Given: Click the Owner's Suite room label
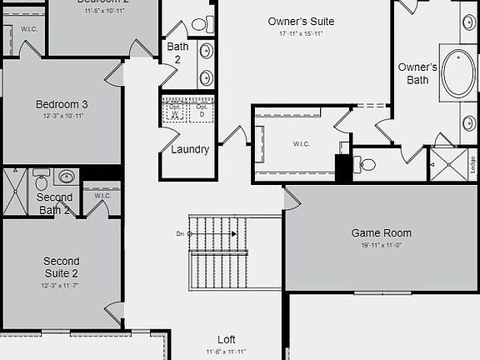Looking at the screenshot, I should [300, 21].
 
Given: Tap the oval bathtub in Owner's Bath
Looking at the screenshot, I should [457, 73].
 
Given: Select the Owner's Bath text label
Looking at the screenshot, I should [417, 73].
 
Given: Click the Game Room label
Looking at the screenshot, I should [381, 233].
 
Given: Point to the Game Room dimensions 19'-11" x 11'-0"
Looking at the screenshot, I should [381, 245].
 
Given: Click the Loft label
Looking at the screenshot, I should [227, 340].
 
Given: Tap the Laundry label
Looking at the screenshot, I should [189, 150].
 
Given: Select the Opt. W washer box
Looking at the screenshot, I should [175, 111].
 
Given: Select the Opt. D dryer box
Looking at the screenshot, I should [201, 111].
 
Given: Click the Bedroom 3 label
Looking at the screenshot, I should [62, 104].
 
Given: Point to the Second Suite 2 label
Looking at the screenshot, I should [62, 267].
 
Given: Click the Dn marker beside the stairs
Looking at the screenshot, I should [181, 234].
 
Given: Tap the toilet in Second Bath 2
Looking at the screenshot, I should [42, 181].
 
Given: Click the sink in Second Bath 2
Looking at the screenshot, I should [66, 177].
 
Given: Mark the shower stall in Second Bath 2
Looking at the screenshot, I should [14, 192].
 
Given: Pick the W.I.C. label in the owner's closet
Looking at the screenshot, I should [301, 144].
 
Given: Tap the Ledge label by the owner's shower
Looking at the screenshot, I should [472, 163].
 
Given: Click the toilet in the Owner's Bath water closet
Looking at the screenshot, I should [367, 164].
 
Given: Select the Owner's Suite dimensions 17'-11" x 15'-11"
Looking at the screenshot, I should [300, 33].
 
